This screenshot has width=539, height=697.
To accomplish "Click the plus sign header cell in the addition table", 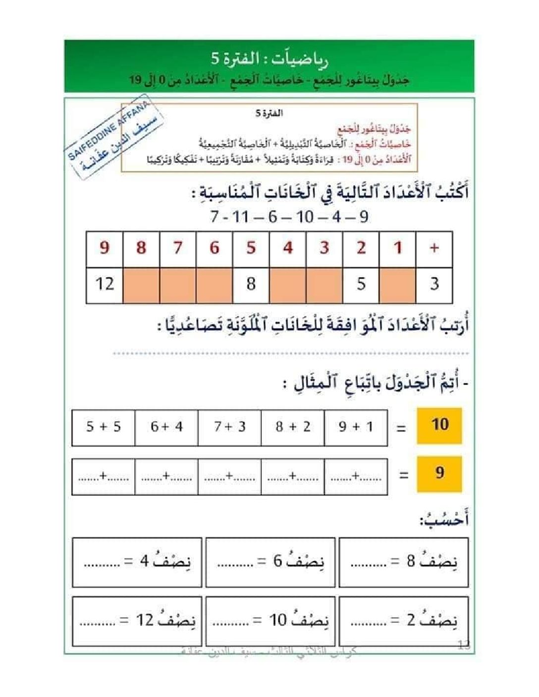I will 434,249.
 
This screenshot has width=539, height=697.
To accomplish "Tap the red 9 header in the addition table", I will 105,249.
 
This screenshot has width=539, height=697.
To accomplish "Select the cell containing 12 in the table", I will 105,285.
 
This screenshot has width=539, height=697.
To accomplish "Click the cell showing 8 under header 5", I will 251,285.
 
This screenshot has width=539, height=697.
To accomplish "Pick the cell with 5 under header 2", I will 361,285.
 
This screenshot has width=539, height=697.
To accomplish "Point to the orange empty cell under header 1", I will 398,285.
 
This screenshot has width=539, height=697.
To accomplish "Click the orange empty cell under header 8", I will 141,285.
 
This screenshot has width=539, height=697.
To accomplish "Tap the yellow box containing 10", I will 439,425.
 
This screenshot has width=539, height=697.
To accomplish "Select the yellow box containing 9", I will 439,474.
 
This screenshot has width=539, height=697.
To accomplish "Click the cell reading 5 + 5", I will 104,427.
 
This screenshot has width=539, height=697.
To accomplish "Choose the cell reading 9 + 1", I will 356,427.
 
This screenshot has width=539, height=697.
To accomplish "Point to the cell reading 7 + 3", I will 229,427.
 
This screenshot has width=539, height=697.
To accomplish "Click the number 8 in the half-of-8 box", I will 411,561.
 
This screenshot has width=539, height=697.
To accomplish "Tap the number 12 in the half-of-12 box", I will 145,620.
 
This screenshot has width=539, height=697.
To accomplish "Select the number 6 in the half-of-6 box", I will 278,561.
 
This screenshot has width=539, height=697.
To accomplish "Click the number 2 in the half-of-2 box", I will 411,620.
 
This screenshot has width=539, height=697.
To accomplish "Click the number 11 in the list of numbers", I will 241,217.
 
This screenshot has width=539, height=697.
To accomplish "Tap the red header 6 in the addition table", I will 215,249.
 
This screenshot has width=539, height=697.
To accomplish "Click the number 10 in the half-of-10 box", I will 278,620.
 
